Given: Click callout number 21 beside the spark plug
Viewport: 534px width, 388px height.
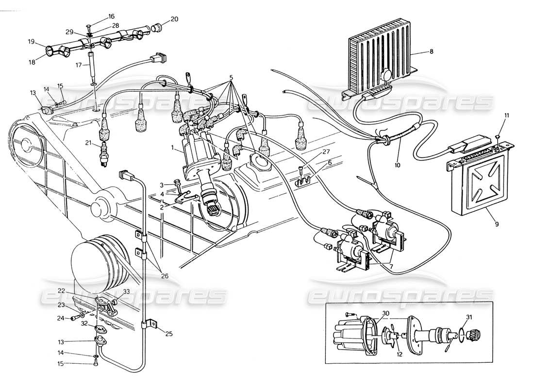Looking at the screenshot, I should (x=88, y=143).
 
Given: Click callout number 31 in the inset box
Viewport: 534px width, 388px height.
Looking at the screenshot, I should (x=468, y=318).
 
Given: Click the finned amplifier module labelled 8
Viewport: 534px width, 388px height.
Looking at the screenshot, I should (x=379, y=56).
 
